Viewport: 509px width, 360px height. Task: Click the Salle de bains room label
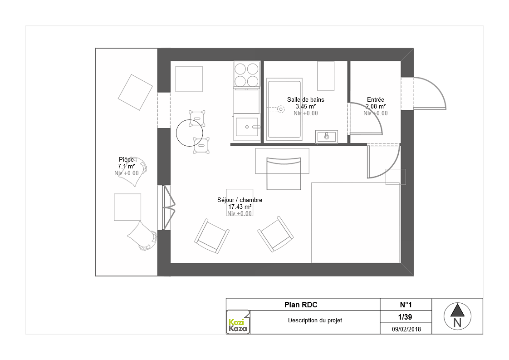(x=305, y=100)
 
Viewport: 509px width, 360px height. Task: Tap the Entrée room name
(x=376, y=100)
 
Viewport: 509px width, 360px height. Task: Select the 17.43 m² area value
(x=240, y=207)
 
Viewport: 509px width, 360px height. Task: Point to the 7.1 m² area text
(x=126, y=166)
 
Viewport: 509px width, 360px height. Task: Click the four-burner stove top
(x=246, y=74)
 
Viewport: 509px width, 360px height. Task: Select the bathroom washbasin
(x=327, y=137)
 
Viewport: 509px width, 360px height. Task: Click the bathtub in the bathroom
(x=284, y=109)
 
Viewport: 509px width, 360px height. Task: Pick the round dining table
(x=190, y=133)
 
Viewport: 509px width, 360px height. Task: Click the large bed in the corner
(x=356, y=222)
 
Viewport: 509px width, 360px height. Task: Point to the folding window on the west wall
(x=167, y=207)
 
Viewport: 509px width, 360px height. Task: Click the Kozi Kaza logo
(x=238, y=322)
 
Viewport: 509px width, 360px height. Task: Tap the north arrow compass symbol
(x=457, y=316)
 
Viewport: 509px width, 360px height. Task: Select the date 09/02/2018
(x=406, y=329)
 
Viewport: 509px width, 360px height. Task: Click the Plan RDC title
(x=301, y=305)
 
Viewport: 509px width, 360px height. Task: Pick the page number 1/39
(x=405, y=317)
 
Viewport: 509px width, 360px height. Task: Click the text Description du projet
(x=315, y=321)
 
